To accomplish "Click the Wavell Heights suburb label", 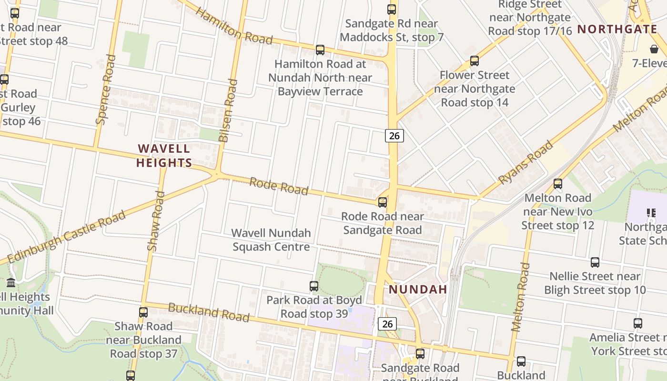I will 164,156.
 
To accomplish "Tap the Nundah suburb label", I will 418,289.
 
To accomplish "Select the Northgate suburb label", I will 617,29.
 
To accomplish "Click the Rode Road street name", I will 279,186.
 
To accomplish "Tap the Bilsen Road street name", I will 228,110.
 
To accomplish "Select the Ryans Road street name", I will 526,162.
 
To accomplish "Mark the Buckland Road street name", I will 209,312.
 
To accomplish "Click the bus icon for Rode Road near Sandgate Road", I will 383,202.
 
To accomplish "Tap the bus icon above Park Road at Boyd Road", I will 314,286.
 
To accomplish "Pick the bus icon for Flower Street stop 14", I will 474,61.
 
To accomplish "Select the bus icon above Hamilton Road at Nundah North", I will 320,50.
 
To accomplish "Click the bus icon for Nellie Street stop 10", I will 595,262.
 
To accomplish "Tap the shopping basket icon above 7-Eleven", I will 654,49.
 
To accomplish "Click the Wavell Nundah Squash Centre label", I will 271,240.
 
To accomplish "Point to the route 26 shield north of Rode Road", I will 394,136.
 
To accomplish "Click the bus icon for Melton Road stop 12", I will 557,183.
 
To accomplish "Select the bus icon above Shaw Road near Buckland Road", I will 143,312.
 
